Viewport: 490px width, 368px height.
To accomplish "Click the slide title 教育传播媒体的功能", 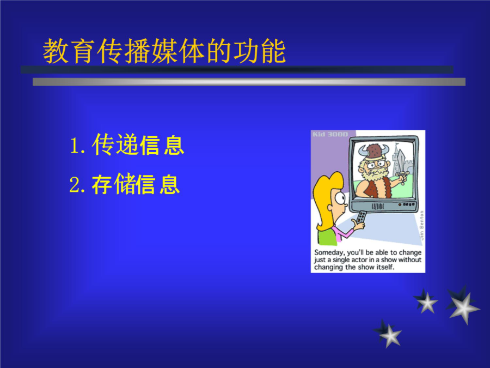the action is point(164,51).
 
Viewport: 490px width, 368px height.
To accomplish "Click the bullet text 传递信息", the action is point(138,144).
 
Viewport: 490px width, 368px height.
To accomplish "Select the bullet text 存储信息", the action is point(136,184).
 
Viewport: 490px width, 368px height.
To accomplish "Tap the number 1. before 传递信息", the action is point(77,146).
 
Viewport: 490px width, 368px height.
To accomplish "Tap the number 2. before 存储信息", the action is point(77,185).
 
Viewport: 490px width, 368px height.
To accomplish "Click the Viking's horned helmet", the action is point(374,151).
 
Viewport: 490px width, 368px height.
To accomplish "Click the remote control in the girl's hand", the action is point(362,217).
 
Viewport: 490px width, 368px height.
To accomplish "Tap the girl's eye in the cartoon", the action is point(340,197).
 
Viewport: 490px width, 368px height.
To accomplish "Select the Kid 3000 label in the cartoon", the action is point(330,134).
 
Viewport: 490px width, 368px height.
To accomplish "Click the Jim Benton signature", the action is point(421,225).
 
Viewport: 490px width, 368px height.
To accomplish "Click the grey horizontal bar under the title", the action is point(249,82).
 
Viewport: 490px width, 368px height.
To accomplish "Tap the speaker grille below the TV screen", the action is point(377,207).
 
